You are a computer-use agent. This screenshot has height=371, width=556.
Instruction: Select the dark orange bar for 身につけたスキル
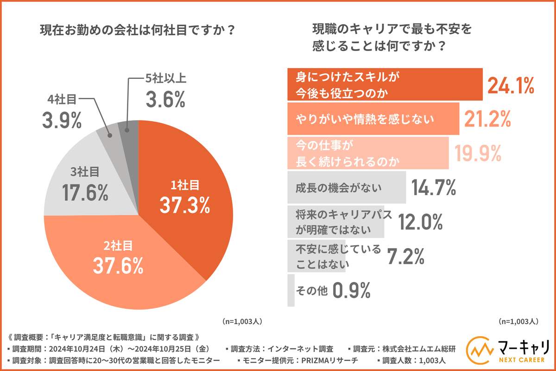point(385,85)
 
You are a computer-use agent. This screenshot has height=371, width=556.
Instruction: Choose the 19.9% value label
point(477,154)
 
